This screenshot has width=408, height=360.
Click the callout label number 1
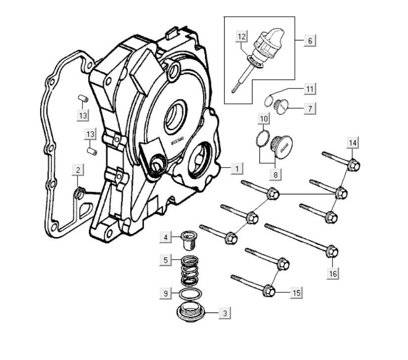tap(237, 169)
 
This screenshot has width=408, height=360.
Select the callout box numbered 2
tap(78, 170)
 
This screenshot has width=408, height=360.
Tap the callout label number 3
tap(225, 313)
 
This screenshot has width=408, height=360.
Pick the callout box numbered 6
tap(310, 41)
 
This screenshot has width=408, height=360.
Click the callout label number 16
tap(333, 273)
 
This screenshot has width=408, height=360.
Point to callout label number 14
tap(352, 143)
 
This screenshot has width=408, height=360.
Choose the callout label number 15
tap(296, 293)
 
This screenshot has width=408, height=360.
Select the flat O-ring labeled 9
tap(188, 293)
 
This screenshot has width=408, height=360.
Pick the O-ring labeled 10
tap(263, 138)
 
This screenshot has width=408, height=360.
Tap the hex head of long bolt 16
tap(333, 252)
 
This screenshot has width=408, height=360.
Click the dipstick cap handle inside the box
tap(269, 39)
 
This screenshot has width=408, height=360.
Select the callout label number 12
tap(241, 37)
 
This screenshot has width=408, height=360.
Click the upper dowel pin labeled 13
tap(83, 98)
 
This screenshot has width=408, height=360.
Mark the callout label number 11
tap(309, 89)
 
